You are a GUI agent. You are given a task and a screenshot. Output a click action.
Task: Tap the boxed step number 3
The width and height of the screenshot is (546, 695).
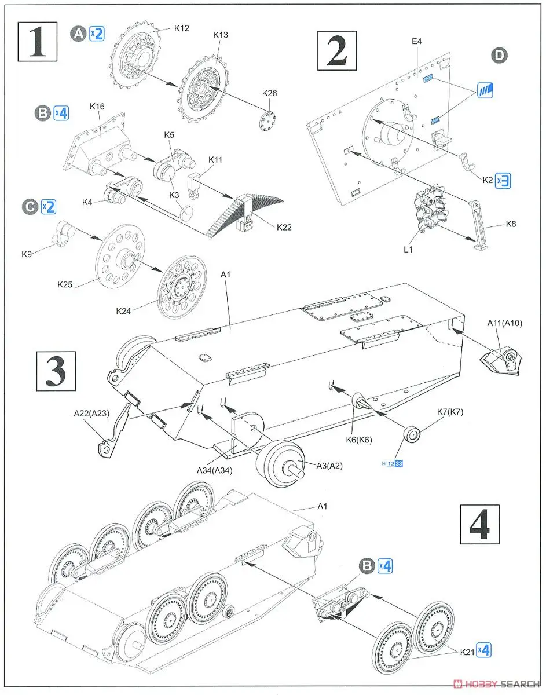click(x=56, y=371)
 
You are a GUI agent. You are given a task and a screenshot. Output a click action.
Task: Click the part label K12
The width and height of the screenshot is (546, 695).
click(x=181, y=27)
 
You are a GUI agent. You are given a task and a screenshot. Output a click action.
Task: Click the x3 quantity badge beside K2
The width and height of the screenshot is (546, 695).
click(x=503, y=181)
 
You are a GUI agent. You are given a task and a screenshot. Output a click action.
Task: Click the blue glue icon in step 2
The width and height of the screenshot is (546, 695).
click(x=485, y=89)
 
